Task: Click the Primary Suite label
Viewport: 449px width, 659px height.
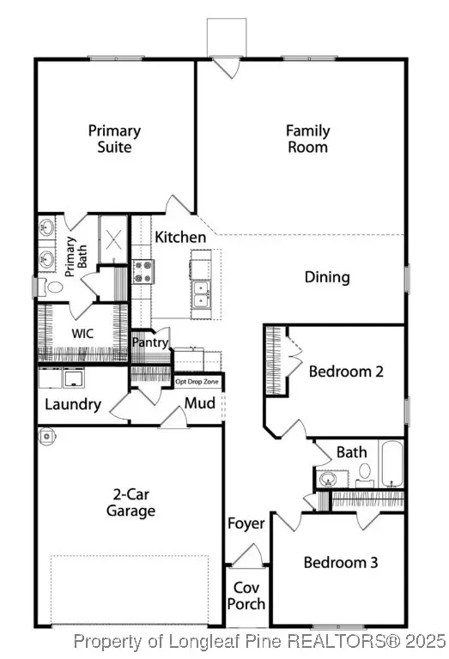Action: (x=114, y=139)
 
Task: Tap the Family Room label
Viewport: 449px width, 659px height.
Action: (x=307, y=139)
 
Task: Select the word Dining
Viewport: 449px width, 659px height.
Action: (x=327, y=277)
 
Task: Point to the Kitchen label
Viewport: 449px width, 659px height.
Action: (x=180, y=237)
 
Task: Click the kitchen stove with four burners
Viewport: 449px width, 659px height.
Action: (x=143, y=271)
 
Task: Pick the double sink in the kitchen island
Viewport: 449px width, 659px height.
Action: (x=202, y=294)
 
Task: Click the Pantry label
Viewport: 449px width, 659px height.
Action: (x=150, y=342)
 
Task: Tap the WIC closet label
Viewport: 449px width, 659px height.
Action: (x=82, y=334)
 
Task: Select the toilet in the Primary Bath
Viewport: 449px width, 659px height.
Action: (x=51, y=287)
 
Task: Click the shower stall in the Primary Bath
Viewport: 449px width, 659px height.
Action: (x=113, y=239)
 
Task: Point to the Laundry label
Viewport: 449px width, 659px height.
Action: (x=73, y=404)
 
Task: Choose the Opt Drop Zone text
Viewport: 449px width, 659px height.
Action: (x=197, y=382)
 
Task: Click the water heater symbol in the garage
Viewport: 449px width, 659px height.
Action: (x=46, y=436)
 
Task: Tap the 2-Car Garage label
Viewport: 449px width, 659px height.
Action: (x=130, y=503)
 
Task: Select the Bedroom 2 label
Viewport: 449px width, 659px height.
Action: (x=346, y=372)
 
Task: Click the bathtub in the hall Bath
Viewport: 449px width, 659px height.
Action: (x=391, y=463)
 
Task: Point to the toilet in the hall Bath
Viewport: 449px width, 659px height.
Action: (x=365, y=475)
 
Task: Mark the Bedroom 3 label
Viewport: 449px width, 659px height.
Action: (x=341, y=562)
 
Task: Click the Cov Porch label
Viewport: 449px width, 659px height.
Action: (x=246, y=596)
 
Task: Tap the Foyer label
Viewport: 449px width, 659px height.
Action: (x=246, y=523)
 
